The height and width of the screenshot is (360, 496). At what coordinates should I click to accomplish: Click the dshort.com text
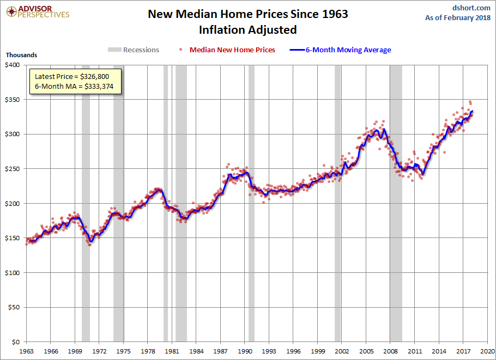point(471,8)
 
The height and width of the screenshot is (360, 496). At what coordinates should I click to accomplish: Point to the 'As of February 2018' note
point(458,18)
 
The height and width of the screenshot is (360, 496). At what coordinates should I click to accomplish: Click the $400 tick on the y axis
point(12,65)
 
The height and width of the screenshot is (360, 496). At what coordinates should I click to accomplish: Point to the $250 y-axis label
point(12,169)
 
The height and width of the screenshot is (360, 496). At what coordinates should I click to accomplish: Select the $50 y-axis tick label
point(14,307)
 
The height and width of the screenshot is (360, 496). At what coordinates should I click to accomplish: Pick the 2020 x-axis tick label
point(488,351)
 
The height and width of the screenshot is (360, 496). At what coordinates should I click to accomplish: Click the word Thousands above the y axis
point(21,55)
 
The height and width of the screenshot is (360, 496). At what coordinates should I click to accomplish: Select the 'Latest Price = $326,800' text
point(74,76)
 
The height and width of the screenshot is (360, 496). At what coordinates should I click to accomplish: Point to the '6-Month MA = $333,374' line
point(74,87)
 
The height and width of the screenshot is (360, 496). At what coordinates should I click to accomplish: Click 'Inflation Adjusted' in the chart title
point(248,29)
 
